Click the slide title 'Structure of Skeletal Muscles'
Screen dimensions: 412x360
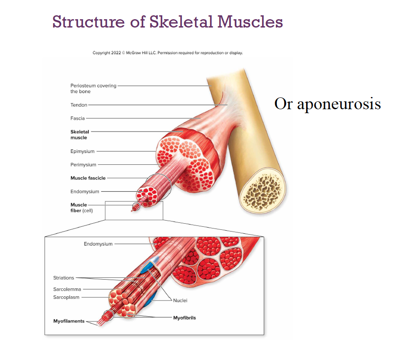168,21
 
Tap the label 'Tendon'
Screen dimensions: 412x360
79,105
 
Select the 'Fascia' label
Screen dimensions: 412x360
77,118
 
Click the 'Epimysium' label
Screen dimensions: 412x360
82,152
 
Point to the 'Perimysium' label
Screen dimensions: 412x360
83,165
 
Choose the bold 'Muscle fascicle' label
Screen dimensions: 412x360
88,178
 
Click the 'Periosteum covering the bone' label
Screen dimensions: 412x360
93,89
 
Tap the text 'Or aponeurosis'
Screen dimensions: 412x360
327,104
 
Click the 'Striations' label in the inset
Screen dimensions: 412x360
63,278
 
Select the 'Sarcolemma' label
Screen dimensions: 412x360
67,289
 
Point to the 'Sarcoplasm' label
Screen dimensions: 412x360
66,298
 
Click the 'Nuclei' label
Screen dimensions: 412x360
180,301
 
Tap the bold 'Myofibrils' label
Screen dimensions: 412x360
185,318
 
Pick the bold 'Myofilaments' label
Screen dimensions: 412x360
69,322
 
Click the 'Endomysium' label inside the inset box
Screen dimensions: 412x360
98,244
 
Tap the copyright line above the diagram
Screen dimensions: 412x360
168,53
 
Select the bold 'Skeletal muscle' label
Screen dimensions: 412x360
79,135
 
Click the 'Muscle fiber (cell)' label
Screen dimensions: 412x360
81,208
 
